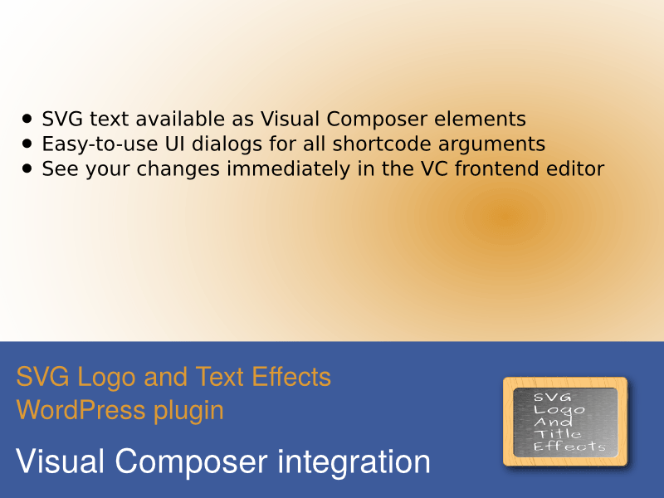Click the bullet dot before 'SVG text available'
point(27,119)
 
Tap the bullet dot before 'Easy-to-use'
point(27,144)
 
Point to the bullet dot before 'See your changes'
point(27,168)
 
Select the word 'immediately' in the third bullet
point(289,169)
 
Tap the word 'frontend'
point(497,168)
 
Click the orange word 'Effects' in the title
point(291,377)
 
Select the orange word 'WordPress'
point(81,410)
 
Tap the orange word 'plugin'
point(188,412)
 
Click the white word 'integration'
point(354,462)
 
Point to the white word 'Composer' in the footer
point(191,462)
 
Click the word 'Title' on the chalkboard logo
point(558,433)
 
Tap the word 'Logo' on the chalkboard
point(559,410)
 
